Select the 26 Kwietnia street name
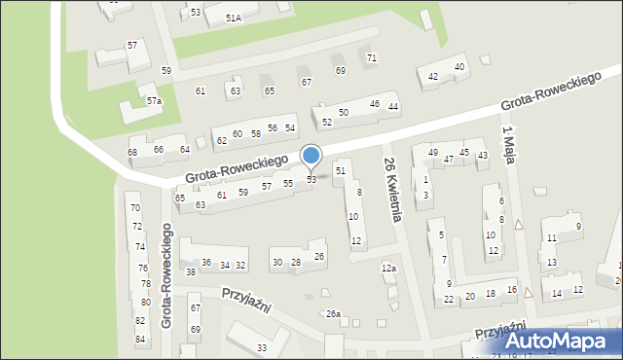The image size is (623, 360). (x=391, y=190)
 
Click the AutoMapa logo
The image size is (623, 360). (x=562, y=341)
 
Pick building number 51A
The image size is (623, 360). (x=234, y=18)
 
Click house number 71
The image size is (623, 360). (x=372, y=58)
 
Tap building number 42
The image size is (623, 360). (x=433, y=77)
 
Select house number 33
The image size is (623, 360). (x=261, y=347)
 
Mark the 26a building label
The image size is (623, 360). (x=333, y=313)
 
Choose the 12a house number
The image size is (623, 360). (x=388, y=269)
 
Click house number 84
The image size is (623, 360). (x=140, y=339)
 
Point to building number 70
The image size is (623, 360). (x=135, y=208)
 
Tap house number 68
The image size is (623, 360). (x=132, y=153)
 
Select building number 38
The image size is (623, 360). (x=191, y=272)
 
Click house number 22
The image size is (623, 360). (x=449, y=300)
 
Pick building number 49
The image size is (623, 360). (x=433, y=153)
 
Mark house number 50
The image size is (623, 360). (x=344, y=113)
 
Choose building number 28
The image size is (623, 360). (x=296, y=263)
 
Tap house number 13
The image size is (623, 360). (x=552, y=263)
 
